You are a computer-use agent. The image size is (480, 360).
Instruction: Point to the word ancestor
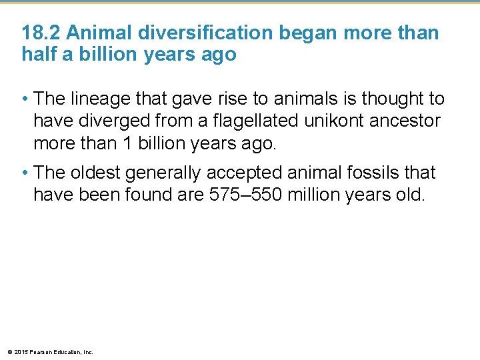tap(407, 121)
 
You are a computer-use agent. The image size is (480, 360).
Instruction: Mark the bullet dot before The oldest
tap(25, 173)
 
